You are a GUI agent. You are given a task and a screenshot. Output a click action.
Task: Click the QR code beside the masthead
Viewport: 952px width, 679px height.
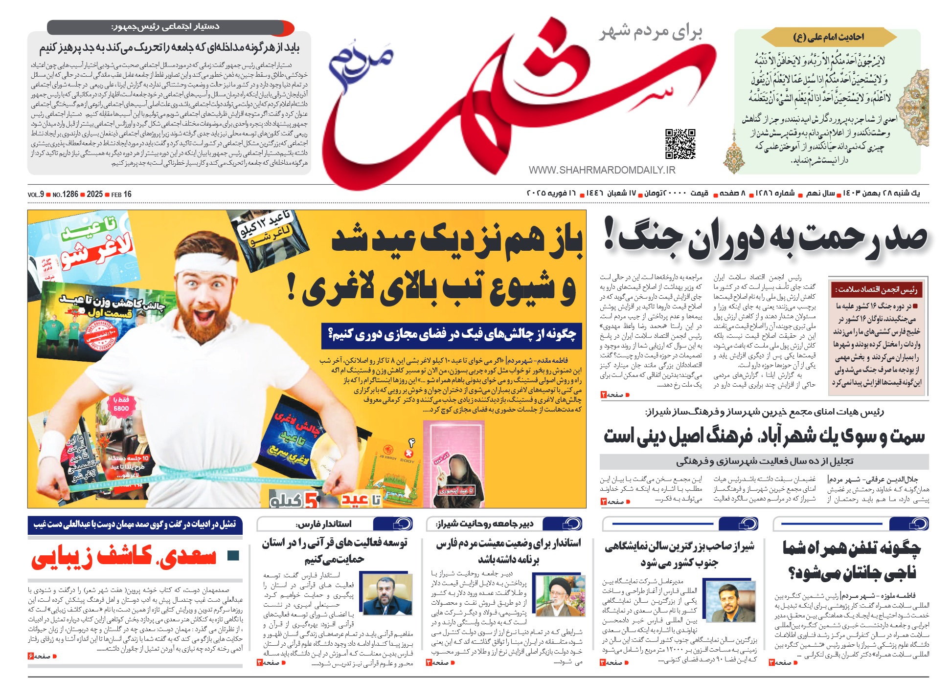(680, 144)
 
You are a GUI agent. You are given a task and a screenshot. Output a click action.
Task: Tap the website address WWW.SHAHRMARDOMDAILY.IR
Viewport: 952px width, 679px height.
(602, 170)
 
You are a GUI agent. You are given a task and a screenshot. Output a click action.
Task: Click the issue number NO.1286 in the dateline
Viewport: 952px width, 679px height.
(66, 194)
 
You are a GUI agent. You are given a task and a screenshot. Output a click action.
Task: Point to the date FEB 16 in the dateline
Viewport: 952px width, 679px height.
(121, 194)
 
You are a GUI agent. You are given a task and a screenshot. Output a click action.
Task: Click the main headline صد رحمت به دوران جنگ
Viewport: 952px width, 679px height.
(766, 238)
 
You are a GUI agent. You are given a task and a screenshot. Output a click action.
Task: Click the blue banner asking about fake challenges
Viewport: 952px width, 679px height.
(452, 335)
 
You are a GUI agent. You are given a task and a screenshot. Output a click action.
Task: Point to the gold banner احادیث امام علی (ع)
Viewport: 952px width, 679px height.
(828, 37)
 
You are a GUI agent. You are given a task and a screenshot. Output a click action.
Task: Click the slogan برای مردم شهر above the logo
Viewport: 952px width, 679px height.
(651, 32)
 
